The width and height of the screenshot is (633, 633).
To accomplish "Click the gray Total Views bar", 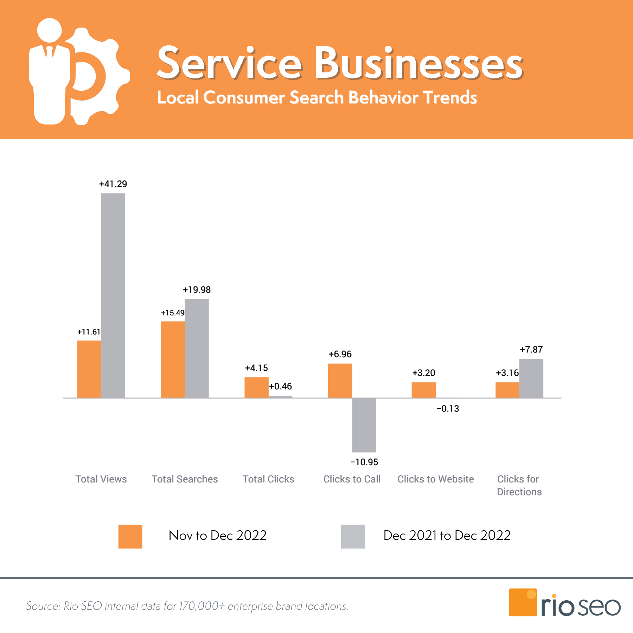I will (x=113, y=295).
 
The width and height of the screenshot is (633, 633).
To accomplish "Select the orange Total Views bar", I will (x=89, y=369).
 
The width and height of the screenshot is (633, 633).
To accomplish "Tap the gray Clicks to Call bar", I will (x=364, y=425).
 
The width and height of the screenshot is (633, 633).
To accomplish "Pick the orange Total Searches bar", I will (x=173, y=359).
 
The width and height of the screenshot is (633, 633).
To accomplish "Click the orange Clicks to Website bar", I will (x=423, y=390).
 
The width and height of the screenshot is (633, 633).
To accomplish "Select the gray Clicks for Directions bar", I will (x=531, y=378).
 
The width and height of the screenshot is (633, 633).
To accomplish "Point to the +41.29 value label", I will (x=113, y=184).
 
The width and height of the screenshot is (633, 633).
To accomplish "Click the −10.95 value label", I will (x=364, y=462).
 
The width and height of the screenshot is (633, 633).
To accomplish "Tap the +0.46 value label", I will (x=280, y=386).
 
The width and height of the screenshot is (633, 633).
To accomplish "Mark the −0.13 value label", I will (x=448, y=409).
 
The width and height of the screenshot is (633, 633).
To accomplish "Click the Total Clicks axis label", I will (x=268, y=479).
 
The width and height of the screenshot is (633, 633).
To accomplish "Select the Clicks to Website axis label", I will (x=435, y=479).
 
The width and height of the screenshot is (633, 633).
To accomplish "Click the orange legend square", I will (x=130, y=536).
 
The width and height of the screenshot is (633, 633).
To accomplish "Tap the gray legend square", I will (x=353, y=536).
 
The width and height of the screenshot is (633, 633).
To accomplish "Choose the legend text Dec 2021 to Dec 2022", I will (x=447, y=535).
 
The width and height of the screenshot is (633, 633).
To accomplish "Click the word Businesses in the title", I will (x=418, y=63).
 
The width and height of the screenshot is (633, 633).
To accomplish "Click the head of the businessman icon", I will (x=50, y=30).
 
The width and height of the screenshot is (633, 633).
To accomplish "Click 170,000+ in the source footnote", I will (x=202, y=606).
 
